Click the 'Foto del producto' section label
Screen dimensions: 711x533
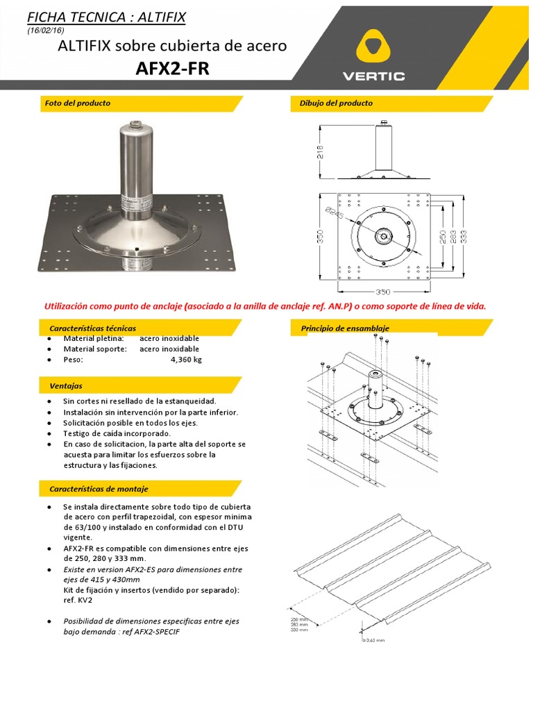pyautogui.click(x=77, y=103)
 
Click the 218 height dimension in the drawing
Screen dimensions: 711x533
pyautogui.click(x=321, y=152)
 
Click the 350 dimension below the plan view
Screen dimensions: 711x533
pyautogui.click(x=384, y=292)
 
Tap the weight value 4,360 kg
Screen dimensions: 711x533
pyautogui.click(x=186, y=360)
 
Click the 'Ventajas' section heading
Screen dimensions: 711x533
pyautogui.click(x=66, y=385)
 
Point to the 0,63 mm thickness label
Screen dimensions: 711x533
pyautogui.click(x=375, y=640)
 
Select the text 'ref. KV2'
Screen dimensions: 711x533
pyautogui.click(x=78, y=599)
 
